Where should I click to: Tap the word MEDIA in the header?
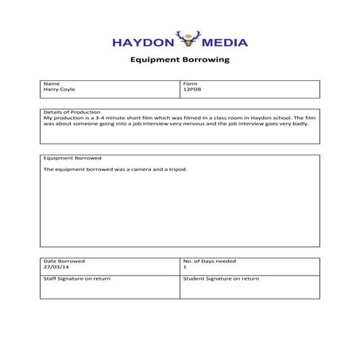click(x=226, y=42)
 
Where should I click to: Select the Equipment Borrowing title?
click(x=180, y=60)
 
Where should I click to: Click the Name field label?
click(x=51, y=83)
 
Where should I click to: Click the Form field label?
click(x=190, y=83)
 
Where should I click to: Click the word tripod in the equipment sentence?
click(x=176, y=169)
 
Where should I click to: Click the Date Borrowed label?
click(x=64, y=261)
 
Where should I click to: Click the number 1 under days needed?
click(x=184, y=268)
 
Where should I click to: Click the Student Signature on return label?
click(x=222, y=279)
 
